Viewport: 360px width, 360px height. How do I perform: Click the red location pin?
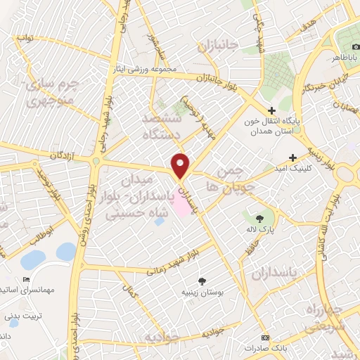point(181,165)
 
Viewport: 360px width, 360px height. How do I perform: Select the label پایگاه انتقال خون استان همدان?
point(292,126)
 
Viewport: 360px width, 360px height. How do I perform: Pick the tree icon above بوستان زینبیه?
point(202,280)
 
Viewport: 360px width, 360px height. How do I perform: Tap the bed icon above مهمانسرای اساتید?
point(26,279)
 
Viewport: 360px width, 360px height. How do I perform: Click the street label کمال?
point(127,288)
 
